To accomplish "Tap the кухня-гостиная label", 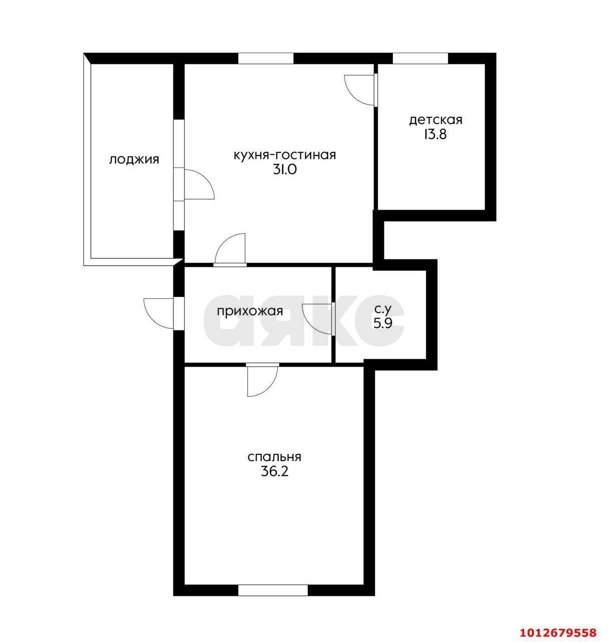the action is click(x=285, y=155).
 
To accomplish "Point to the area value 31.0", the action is click(x=285, y=170).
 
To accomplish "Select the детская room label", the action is click(x=436, y=120).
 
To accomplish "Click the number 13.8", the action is click(x=436, y=135).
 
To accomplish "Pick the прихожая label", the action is click(x=250, y=311).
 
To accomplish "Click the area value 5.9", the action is click(x=383, y=324).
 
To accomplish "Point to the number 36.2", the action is click(x=275, y=472).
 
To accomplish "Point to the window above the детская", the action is click(x=421, y=58).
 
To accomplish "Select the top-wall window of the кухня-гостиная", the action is click(x=266, y=58).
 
